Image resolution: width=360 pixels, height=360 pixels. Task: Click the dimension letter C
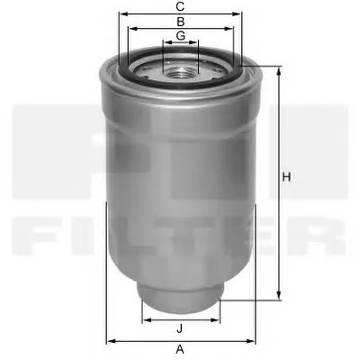(181, 6)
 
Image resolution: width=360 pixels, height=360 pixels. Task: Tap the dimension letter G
(181, 35)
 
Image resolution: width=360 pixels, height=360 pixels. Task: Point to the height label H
(286, 176)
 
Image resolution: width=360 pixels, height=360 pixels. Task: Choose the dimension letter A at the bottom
(181, 349)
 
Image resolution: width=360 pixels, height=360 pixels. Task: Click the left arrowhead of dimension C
(121, 14)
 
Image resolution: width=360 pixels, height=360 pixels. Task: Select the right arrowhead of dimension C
(241, 14)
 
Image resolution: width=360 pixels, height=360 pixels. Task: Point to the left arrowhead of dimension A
(109, 340)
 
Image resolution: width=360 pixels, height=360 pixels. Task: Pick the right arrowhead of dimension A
(253, 340)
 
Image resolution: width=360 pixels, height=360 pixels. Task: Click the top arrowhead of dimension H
(278, 69)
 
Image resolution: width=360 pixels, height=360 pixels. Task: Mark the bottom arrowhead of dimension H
(278, 298)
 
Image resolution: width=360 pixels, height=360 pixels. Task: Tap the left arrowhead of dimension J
(145, 319)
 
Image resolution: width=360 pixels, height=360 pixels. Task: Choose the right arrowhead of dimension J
(218, 319)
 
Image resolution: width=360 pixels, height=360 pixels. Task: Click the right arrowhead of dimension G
(197, 43)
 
